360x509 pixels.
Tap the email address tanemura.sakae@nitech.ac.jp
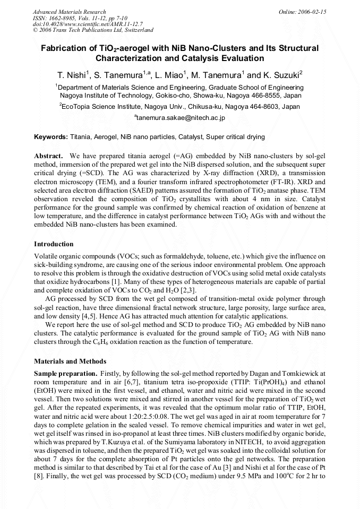[180, 117]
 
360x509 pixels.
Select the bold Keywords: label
[51, 137]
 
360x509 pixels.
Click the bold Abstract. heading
[49, 156]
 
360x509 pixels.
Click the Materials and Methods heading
[70, 361]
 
